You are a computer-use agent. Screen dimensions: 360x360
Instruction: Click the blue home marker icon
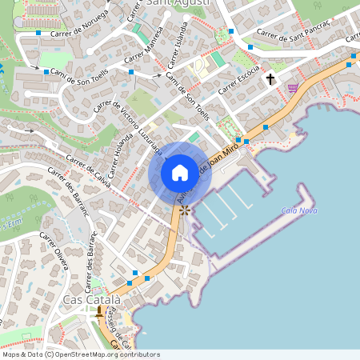180,172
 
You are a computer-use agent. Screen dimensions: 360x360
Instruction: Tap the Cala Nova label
300,210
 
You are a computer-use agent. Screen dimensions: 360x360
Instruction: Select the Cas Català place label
92,299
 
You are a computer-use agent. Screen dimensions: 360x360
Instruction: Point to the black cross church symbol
270,79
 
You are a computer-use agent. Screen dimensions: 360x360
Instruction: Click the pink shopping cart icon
293,87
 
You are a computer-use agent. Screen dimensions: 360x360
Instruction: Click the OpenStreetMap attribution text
81,354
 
